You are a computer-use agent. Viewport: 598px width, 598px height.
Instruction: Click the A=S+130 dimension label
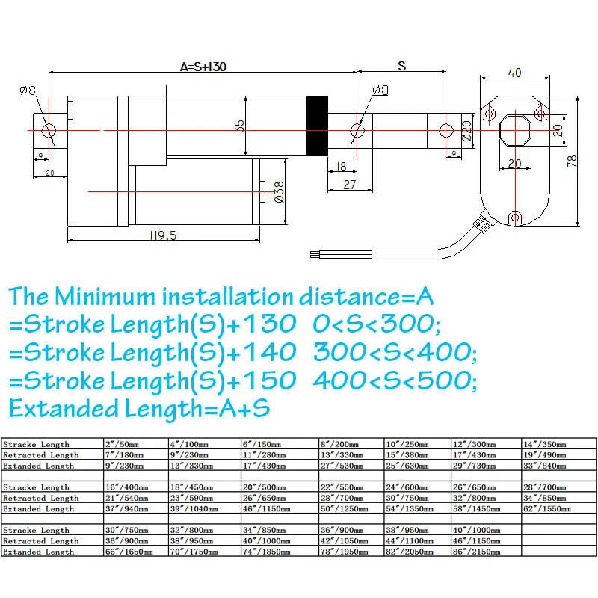point(203,66)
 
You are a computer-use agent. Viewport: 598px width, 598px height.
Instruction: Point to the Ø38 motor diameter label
point(278,192)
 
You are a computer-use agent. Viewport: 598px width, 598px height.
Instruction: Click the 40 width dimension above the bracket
point(514,73)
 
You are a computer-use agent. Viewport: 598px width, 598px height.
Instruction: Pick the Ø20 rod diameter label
point(466,131)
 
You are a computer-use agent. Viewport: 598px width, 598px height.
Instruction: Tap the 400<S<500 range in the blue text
point(395,380)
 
